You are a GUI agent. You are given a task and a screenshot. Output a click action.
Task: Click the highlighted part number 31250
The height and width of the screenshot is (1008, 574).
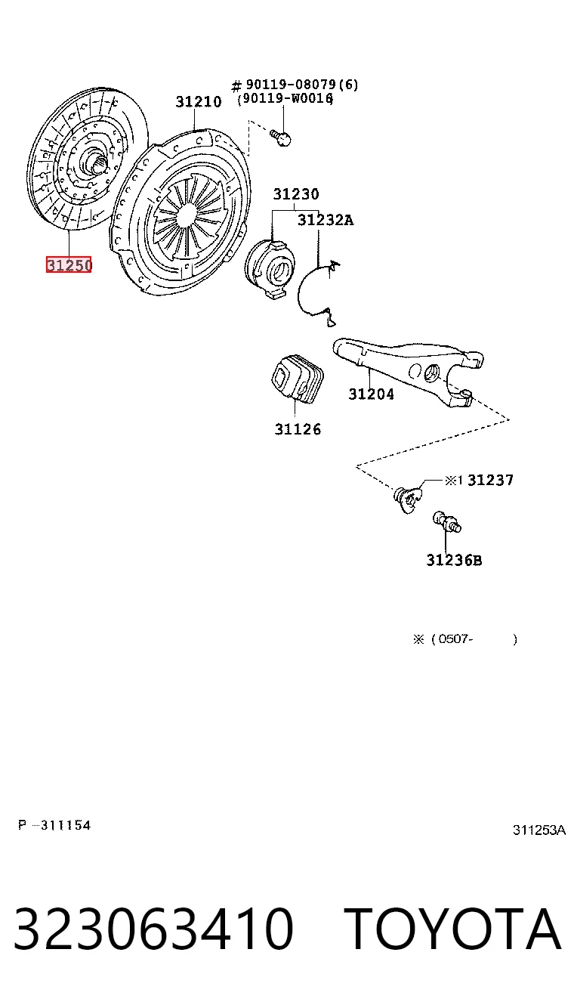click(x=69, y=264)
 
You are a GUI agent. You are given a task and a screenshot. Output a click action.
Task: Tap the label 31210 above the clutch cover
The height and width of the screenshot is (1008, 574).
click(x=199, y=102)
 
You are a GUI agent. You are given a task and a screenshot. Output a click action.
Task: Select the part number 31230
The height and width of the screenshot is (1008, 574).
click(x=296, y=194)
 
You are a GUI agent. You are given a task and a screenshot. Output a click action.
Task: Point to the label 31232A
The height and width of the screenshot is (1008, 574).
click(x=326, y=220)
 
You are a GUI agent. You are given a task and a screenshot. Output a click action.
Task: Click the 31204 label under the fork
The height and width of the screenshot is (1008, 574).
click(x=371, y=394)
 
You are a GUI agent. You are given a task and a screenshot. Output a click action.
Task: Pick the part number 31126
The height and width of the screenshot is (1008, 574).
click(x=298, y=429)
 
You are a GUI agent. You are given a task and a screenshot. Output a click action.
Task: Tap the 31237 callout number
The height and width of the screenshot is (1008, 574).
click(x=490, y=480)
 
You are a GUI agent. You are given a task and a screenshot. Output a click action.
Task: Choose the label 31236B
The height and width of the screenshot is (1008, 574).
click(x=454, y=560)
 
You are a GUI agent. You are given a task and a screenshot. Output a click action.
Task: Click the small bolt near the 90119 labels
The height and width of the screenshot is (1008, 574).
click(x=280, y=138)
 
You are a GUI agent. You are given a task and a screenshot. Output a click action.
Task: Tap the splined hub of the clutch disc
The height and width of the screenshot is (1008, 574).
click(x=96, y=161)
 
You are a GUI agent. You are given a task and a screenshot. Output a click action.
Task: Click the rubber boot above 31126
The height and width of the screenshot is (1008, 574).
click(x=297, y=379)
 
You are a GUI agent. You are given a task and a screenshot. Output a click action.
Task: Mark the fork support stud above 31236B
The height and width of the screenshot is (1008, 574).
click(x=446, y=522)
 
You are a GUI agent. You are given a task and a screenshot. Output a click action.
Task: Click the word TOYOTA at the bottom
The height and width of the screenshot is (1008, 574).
click(x=452, y=928)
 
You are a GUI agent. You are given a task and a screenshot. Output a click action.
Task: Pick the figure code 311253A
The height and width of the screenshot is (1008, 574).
click(x=539, y=830)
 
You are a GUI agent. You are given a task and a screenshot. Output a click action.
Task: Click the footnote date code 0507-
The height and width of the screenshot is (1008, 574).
click(x=455, y=639)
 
